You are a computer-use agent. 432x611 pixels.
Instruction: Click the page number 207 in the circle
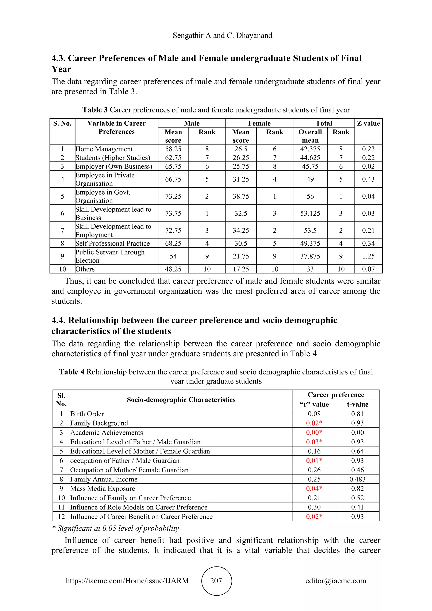point(216,581)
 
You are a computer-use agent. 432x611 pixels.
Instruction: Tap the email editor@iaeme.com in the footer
point(336,581)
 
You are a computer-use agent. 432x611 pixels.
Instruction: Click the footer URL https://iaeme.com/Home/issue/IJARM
point(127,581)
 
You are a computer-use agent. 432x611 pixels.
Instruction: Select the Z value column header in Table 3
point(369,123)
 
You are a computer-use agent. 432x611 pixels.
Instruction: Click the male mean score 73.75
point(173,214)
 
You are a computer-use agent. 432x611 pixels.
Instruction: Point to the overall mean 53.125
point(310,214)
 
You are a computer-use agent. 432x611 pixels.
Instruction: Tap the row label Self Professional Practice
point(112,243)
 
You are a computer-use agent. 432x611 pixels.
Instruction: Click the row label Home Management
point(104,149)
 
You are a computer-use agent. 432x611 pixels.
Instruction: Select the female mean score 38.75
point(241,196)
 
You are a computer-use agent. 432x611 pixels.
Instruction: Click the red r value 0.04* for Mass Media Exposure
point(314,488)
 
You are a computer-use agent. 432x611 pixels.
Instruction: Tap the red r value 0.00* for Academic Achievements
point(314,433)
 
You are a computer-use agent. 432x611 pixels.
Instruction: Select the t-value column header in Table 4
point(357,404)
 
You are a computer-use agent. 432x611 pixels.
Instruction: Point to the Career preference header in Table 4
point(336,395)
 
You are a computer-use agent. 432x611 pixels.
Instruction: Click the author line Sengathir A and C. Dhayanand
point(222,35)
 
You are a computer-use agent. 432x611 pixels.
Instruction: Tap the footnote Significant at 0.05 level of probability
point(116,528)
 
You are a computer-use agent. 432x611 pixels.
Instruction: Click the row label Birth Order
point(87,414)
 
